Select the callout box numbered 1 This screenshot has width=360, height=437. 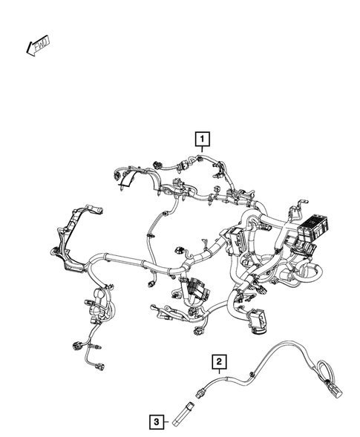[x=201, y=137]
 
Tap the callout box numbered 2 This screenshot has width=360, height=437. [x=219, y=361]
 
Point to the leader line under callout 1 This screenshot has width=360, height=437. [x=201, y=151]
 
